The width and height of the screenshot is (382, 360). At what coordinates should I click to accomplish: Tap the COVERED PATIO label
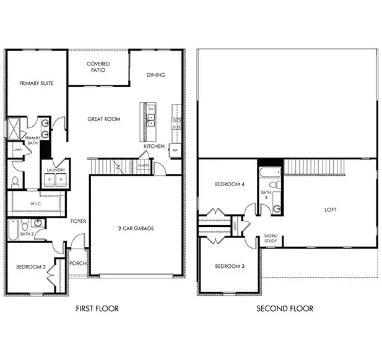(x=98, y=67)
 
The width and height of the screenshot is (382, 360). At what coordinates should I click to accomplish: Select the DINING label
(x=156, y=75)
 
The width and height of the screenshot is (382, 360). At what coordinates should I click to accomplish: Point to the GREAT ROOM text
(x=103, y=119)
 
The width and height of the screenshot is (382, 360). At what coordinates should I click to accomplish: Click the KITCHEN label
(x=154, y=147)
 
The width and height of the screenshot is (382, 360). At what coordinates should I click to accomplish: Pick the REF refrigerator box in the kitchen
(x=175, y=150)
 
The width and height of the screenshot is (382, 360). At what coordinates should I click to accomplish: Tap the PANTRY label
(x=144, y=166)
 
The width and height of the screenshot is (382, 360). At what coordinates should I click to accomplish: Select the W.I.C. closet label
(x=35, y=204)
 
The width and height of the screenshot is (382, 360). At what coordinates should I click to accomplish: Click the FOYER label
(x=78, y=221)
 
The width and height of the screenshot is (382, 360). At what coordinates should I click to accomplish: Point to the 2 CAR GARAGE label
(x=136, y=228)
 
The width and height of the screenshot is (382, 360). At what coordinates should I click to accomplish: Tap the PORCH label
(x=78, y=263)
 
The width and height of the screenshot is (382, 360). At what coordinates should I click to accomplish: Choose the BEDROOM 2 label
(x=30, y=267)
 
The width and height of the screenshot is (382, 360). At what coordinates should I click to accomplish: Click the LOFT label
(x=331, y=210)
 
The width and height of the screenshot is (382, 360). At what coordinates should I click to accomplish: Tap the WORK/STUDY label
(x=271, y=238)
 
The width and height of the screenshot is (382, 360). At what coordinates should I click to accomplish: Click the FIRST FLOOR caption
(x=97, y=308)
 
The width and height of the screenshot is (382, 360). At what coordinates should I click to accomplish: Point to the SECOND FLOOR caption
(x=286, y=308)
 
